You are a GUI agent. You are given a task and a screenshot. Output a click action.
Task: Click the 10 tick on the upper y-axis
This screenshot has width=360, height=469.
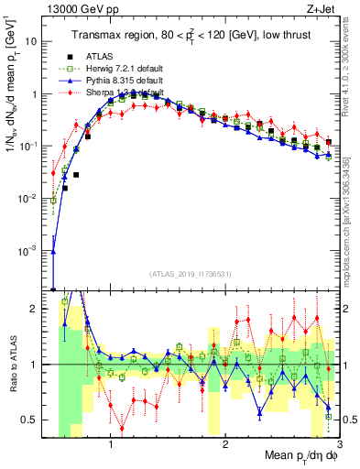[32, 41]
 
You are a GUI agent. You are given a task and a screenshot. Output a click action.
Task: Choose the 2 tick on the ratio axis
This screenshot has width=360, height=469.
[36, 309]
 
